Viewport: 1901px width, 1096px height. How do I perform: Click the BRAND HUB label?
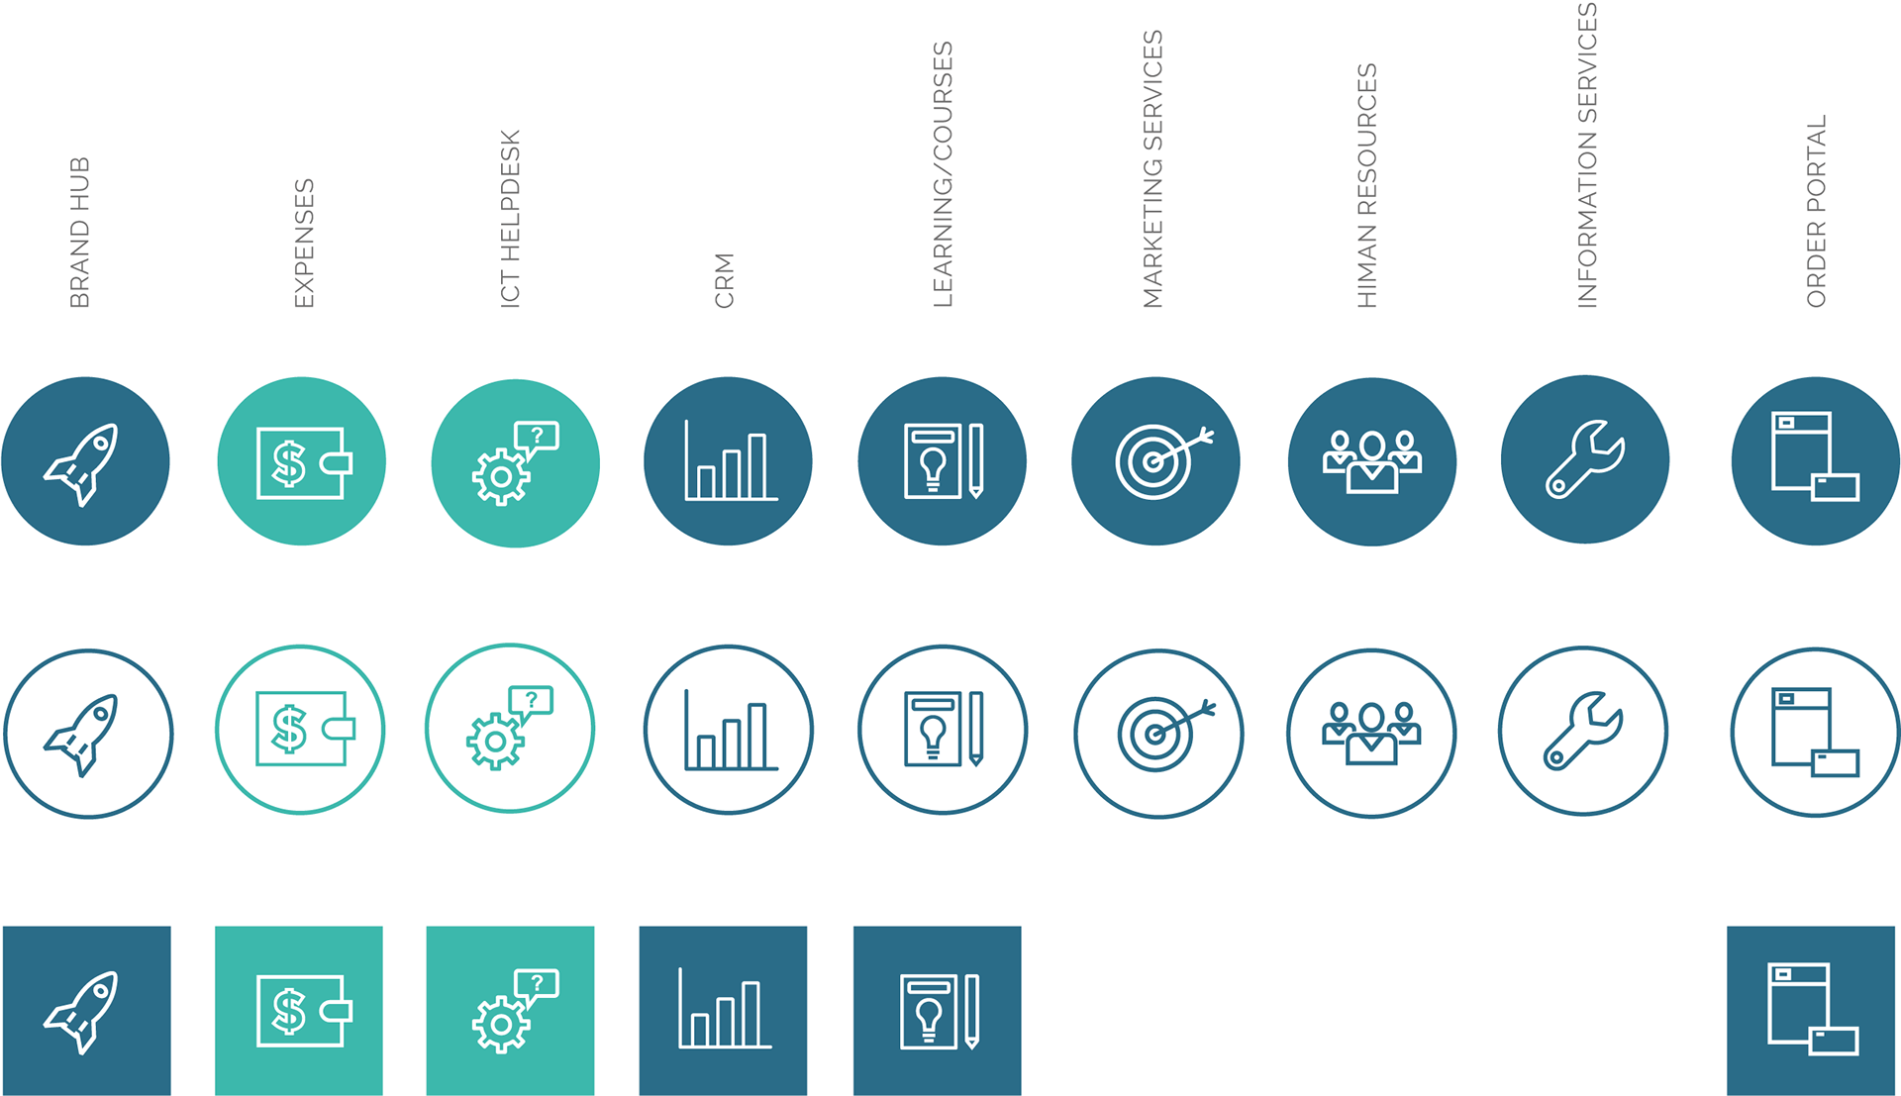[80, 233]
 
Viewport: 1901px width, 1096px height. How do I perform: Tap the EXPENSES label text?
[304, 244]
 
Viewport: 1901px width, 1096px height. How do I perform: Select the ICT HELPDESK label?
[510, 219]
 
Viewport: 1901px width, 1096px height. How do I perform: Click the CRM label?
[725, 280]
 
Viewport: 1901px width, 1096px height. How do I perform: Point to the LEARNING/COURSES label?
[943, 174]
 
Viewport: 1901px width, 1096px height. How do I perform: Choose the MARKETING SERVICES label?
[1152, 169]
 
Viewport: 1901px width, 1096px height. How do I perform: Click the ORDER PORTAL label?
[1816, 211]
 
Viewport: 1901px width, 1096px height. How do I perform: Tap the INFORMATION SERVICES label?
[1586, 155]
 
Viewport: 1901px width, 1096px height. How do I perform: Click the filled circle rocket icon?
[84, 461]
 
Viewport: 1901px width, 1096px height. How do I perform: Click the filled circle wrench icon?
[1585, 459]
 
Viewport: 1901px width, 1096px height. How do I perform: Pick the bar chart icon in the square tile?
[724, 1010]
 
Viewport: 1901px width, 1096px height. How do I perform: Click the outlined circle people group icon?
[1371, 733]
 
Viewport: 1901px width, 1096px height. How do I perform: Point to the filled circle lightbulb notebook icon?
[942, 461]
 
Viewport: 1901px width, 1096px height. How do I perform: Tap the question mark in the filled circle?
[537, 435]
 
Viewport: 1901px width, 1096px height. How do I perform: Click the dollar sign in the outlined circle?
[289, 729]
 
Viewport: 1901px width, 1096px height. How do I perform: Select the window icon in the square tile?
[1812, 1009]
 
